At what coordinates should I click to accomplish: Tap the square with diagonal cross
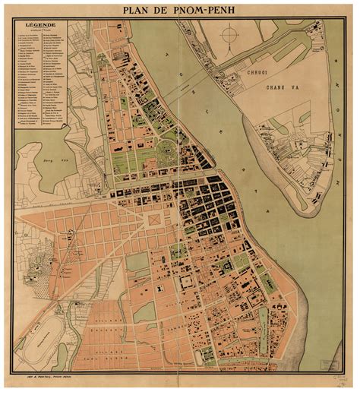coord(154,219)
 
